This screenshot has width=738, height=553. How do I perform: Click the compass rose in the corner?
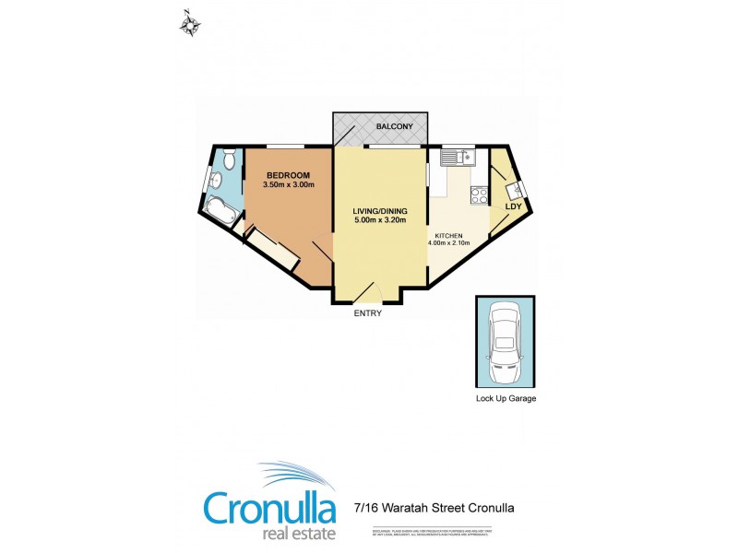click(x=190, y=24)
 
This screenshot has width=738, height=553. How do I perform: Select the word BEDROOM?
click(x=288, y=175)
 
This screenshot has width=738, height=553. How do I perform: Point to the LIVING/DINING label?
click(x=380, y=211)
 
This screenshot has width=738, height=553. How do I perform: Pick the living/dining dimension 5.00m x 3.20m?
click(x=380, y=221)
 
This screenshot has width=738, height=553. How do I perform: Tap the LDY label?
click(x=514, y=206)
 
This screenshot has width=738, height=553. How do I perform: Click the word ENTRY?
click(x=367, y=313)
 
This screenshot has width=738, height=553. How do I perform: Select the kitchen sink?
click(x=457, y=159)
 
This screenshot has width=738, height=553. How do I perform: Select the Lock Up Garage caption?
click(x=506, y=399)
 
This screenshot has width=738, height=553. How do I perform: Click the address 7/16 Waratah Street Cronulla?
click(x=434, y=507)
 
